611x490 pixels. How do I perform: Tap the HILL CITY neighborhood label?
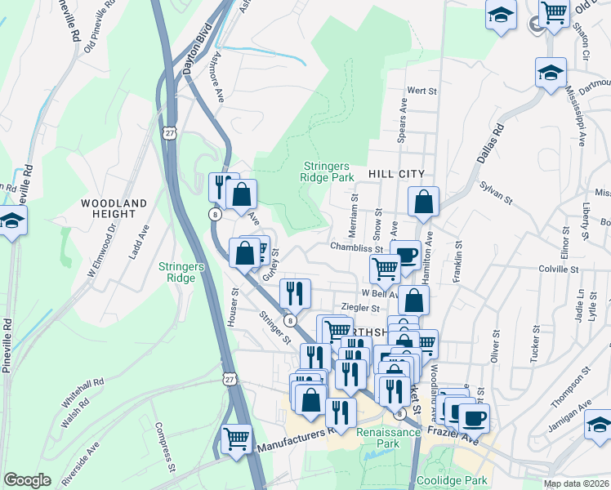pyautogui.click(x=396, y=174)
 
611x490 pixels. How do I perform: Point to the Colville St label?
pyautogui.click(x=558, y=268)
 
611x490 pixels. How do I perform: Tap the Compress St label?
pyautogui.click(x=166, y=448)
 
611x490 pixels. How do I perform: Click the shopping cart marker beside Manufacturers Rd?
pyautogui.click(x=237, y=439)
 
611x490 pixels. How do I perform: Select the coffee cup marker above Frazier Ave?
pyautogui.click(x=474, y=418)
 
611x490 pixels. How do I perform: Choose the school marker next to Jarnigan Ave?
pyautogui.click(x=599, y=425)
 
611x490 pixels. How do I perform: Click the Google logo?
pyautogui.click(x=27, y=480)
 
